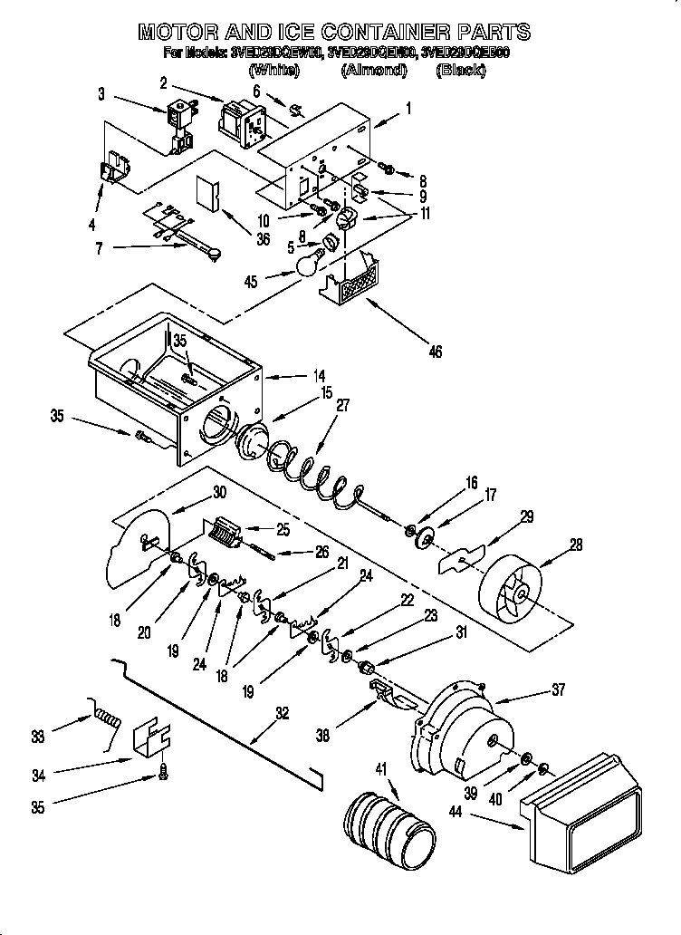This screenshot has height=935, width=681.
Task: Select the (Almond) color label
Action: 372,70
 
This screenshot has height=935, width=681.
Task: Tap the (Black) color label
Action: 460,70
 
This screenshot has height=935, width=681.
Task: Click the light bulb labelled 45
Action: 310,264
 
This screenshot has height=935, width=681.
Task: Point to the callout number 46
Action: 436,352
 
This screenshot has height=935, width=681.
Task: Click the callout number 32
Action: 282,713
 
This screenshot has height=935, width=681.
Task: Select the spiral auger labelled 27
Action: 317,472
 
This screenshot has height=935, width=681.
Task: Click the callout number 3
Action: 101,92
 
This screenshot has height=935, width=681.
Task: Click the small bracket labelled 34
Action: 153,737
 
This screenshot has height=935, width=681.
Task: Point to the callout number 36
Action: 262,240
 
